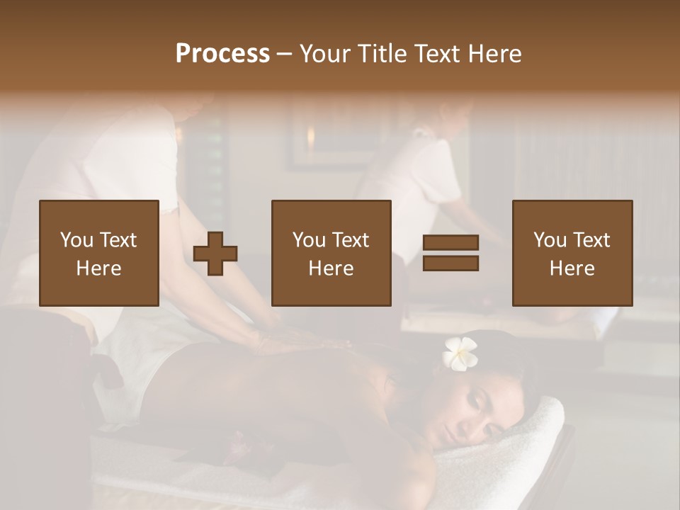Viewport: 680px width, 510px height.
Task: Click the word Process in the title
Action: (x=222, y=54)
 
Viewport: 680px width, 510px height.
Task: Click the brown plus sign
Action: (x=215, y=253)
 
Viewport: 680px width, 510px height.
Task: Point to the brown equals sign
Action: (x=450, y=253)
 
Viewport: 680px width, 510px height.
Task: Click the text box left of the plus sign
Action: (x=99, y=253)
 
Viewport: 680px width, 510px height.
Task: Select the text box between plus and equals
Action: (x=331, y=253)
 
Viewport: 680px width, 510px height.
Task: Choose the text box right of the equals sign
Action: (x=572, y=253)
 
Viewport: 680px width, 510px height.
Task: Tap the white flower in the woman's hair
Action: (x=460, y=352)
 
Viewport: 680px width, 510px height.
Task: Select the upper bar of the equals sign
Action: (x=450, y=243)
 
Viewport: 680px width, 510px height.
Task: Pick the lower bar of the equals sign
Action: (x=450, y=263)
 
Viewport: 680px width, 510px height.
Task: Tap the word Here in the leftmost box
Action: (x=99, y=268)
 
